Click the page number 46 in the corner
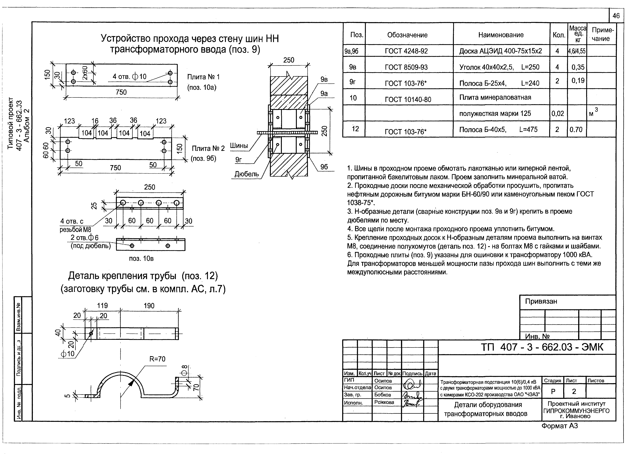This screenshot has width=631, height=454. pos(616,16)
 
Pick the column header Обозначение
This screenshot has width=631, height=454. pos(407,35)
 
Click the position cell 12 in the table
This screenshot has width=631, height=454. pos(355,129)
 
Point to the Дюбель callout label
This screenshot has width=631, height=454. pos(247,174)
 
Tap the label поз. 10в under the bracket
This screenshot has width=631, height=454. pos(141,258)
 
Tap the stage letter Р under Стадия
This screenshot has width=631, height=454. pos(553,391)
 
